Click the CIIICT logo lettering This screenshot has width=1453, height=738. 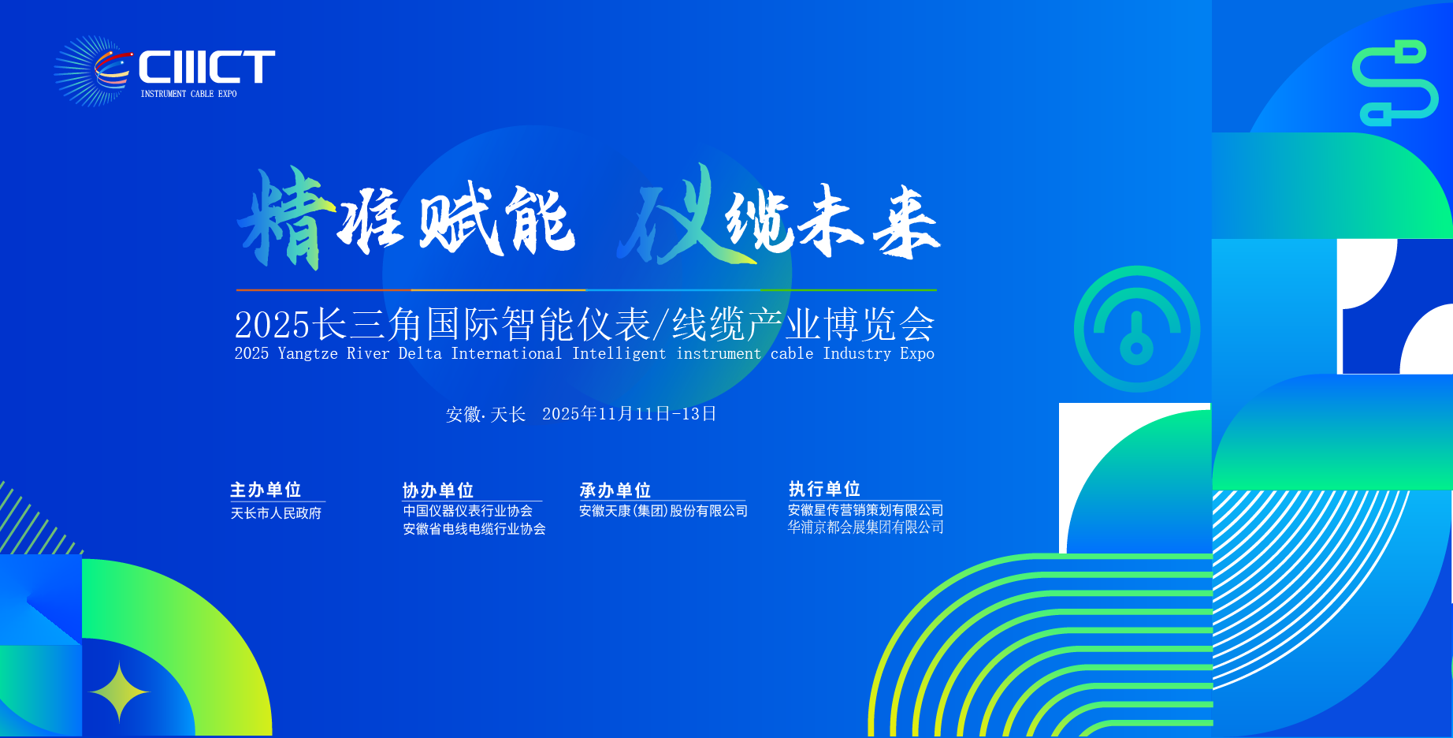click(207, 67)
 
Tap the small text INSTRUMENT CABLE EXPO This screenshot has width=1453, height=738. click(188, 94)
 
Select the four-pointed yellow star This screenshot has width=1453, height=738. click(119, 691)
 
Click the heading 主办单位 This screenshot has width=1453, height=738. click(266, 490)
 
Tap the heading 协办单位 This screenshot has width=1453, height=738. click(438, 490)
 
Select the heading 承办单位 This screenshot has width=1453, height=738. click(615, 490)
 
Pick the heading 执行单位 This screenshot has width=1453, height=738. click(824, 489)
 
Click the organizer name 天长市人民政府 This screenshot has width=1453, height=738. click(276, 513)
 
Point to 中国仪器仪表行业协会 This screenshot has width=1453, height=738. click(468, 511)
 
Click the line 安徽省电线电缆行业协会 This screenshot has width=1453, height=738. click(474, 529)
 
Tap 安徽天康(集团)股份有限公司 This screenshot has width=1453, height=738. click(663, 511)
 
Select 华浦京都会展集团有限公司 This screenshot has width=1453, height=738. click(866, 527)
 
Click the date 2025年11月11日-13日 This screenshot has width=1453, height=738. click(630, 414)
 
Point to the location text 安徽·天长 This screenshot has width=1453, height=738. click(485, 415)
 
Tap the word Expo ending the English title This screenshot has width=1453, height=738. click(917, 354)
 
